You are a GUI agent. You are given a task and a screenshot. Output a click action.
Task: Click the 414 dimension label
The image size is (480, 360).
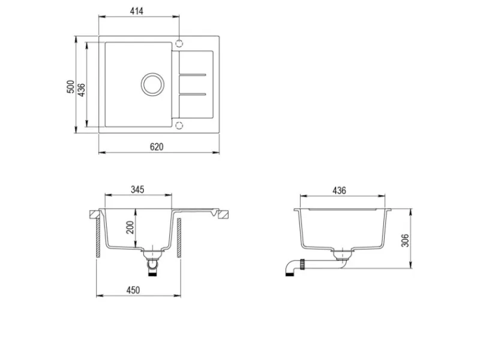(137, 11)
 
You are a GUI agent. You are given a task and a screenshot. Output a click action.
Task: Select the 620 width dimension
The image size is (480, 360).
(157, 147)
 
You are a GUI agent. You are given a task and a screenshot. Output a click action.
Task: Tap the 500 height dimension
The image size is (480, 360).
(71, 86)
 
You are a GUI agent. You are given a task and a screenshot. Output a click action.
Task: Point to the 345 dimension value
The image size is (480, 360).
(137, 190)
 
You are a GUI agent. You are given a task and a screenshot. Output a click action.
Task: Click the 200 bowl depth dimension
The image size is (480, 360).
(130, 227)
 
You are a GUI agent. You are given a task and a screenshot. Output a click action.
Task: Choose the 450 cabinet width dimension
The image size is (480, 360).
(133, 290)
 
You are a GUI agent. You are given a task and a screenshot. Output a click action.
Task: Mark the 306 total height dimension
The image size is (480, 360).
(405, 241)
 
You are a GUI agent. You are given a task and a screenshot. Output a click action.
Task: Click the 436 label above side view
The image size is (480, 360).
(339, 190)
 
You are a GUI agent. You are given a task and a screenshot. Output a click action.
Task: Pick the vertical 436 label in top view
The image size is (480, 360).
(82, 90)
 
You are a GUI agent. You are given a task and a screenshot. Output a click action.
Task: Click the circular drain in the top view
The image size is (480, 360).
(152, 73)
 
